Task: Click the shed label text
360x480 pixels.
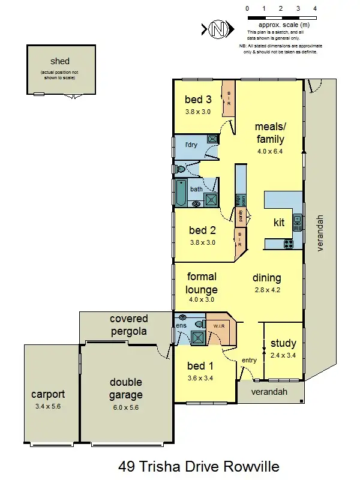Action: click(x=60, y=61)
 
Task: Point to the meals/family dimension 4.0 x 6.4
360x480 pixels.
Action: click(x=269, y=151)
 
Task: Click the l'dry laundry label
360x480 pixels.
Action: click(x=191, y=145)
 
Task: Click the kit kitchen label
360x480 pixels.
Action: click(x=279, y=223)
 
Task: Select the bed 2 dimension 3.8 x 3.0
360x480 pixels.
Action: click(x=202, y=242)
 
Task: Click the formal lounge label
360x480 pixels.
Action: click(x=202, y=283)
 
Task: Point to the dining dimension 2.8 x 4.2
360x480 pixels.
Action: click(x=266, y=290)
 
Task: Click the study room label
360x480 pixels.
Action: click(x=283, y=344)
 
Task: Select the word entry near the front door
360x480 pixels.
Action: click(x=249, y=360)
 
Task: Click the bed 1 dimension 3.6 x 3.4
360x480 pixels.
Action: click(x=200, y=378)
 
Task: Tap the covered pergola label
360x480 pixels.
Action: click(x=128, y=325)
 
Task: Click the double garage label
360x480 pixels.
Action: click(x=126, y=389)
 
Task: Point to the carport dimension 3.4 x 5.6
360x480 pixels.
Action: click(x=48, y=406)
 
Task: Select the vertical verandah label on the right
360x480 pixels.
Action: click(x=321, y=233)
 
